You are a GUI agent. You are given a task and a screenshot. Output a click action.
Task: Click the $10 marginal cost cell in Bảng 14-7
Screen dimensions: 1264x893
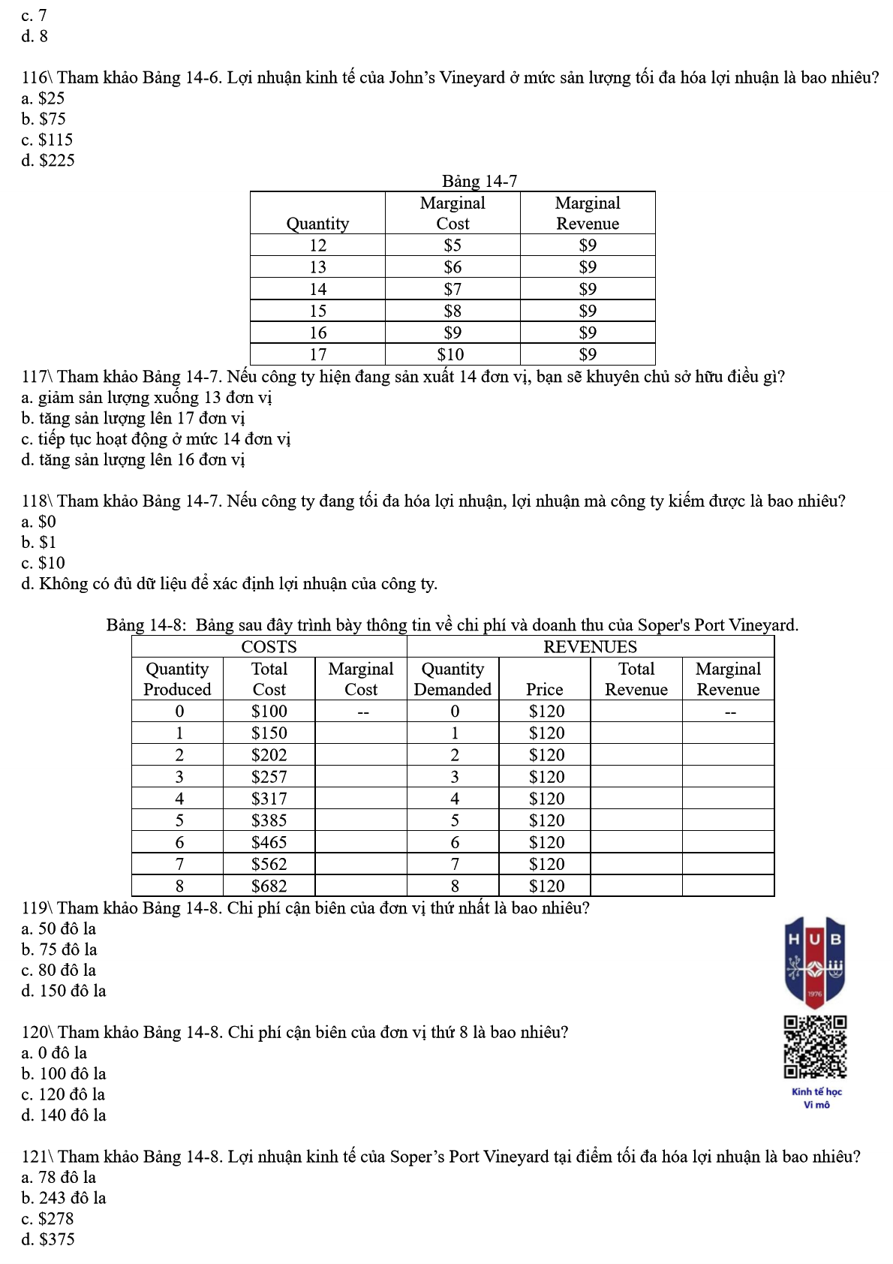(x=451, y=354)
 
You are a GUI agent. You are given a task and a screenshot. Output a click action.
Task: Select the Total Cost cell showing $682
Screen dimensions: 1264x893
(x=269, y=886)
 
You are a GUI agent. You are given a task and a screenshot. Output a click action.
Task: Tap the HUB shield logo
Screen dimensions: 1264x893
(x=815, y=962)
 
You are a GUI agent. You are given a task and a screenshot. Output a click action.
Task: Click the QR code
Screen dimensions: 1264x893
(x=815, y=1047)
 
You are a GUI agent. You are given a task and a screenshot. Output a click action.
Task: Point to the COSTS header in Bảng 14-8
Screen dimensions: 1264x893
(x=269, y=647)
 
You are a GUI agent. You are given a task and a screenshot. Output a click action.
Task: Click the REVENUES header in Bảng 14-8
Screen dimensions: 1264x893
(x=590, y=647)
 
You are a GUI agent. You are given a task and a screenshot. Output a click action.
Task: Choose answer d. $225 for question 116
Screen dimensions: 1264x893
(x=49, y=160)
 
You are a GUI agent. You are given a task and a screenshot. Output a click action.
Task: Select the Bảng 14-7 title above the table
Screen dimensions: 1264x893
(x=479, y=181)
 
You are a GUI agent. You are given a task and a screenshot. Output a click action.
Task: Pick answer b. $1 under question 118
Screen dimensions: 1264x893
(x=39, y=542)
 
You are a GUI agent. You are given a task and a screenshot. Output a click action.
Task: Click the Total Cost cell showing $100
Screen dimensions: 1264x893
(x=269, y=711)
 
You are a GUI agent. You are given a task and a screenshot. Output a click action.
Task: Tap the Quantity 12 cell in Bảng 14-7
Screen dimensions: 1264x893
(x=317, y=245)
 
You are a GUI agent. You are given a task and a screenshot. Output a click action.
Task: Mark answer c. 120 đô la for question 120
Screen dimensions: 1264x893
(x=64, y=1094)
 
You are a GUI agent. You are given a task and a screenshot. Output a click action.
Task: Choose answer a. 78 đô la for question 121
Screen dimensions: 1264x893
(x=59, y=1177)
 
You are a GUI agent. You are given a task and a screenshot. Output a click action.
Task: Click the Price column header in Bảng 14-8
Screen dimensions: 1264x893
(x=544, y=689)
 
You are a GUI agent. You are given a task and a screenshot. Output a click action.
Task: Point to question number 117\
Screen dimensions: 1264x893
(x=37, y=376)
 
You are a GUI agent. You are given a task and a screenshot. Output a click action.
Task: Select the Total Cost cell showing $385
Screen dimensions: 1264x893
(x=269, y=820)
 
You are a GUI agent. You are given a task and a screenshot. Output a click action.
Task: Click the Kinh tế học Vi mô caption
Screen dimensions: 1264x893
(x=816, y=1097)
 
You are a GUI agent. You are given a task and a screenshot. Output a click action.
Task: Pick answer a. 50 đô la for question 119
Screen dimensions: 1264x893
(x=59, y=928)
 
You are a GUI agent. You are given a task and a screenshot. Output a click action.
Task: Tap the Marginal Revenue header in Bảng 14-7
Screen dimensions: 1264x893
(x=588, y=213)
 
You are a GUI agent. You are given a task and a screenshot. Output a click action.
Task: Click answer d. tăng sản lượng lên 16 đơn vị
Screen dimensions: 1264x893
(x=134, y=459)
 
